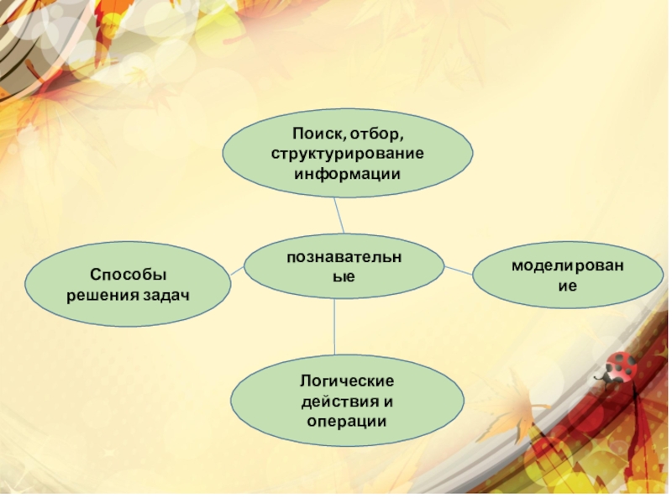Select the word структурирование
coord(346,153)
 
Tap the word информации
coord(346,173)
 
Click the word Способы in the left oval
coord(129,275)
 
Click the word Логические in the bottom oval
coord(346,381)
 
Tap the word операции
coord(346,420)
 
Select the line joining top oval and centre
coord(339,216)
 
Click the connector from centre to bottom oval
coord(335,325)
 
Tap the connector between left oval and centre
coord(237,270)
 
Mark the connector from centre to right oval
coord(458,270)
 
